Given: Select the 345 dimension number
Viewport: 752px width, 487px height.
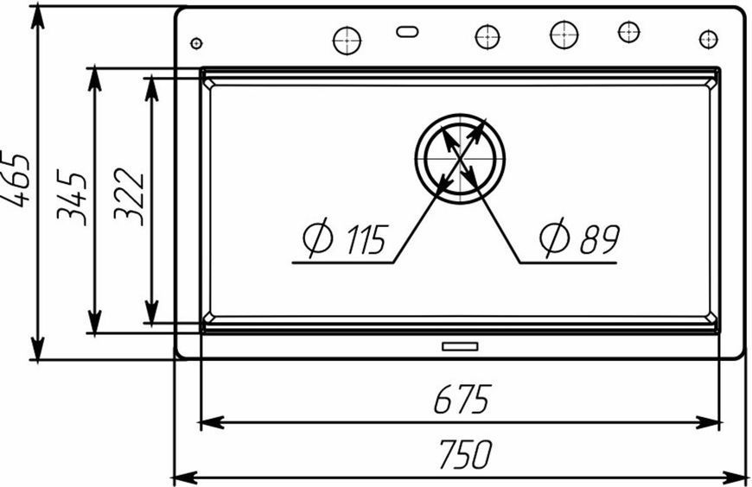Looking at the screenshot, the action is [x=72, y=197].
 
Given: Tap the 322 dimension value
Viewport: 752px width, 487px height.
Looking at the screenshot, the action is [x=129, y=197].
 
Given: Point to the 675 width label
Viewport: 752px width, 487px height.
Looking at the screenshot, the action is [x=462, y=399].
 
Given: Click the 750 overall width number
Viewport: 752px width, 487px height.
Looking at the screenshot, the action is [x=465, y=454].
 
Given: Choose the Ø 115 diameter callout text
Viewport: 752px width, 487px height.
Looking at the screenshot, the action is [x=345, y=237].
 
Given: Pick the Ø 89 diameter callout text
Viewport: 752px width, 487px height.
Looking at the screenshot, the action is [x=580, y=237].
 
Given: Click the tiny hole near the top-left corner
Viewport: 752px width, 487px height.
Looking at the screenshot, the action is [x=196, y=43].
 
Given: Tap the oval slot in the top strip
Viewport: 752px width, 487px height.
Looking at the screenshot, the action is [x=407, y=32].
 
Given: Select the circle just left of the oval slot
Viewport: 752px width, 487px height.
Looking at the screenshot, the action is [x=347, y=41].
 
